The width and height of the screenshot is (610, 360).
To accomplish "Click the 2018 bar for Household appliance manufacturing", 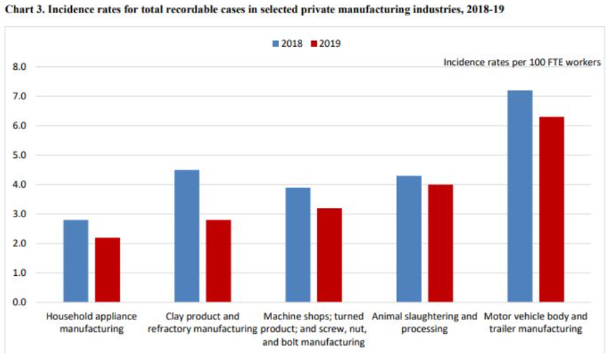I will coord(76,261).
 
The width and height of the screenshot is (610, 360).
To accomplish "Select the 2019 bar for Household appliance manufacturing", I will coord(107,270).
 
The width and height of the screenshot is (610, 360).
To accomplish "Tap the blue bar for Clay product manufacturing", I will coord(187,236).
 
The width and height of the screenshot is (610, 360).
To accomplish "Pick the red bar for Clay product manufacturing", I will coord(219,261).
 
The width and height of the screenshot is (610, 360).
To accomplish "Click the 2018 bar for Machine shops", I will coord(298,245).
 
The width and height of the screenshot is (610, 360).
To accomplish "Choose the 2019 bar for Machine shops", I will coord(329,255).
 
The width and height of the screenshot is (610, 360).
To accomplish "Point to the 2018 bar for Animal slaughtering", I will coord(409,239).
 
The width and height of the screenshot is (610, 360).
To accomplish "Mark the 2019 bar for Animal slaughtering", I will coord(440,243).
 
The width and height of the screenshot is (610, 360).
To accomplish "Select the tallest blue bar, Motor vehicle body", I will coord(519,196).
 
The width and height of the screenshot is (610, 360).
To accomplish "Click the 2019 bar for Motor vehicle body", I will coord(551,210).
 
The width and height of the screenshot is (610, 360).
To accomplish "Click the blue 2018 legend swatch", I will coord(275,44).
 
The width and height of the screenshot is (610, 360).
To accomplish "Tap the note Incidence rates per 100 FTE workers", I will coord(522,62).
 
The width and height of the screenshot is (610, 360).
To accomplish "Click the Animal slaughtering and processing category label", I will coord(425,322).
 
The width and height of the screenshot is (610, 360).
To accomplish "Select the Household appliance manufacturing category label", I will coord(92,322).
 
